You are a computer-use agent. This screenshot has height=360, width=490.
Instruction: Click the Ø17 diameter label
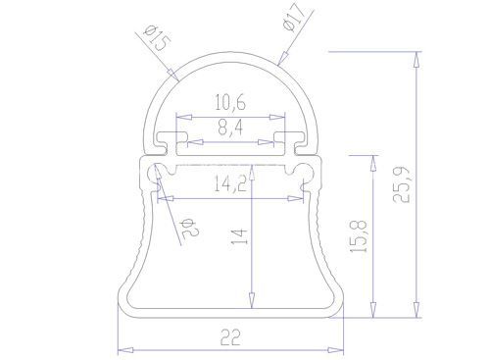tap(295, 19)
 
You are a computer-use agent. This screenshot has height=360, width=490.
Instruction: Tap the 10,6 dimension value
tap(230, 102)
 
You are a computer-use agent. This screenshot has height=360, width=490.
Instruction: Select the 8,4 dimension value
tap(230, 128)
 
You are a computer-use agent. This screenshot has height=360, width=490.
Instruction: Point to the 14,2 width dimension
tap(230, 183)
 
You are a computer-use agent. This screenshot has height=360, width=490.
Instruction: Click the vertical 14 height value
tap(240, 236)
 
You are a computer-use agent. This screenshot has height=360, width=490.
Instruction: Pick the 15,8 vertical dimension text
tap(359, 236)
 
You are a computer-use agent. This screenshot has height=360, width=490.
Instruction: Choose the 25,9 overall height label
tap(401, 184)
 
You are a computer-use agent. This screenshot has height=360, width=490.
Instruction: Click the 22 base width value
tap(230, 337)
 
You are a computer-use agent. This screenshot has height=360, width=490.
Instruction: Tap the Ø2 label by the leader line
tap(190, 228)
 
